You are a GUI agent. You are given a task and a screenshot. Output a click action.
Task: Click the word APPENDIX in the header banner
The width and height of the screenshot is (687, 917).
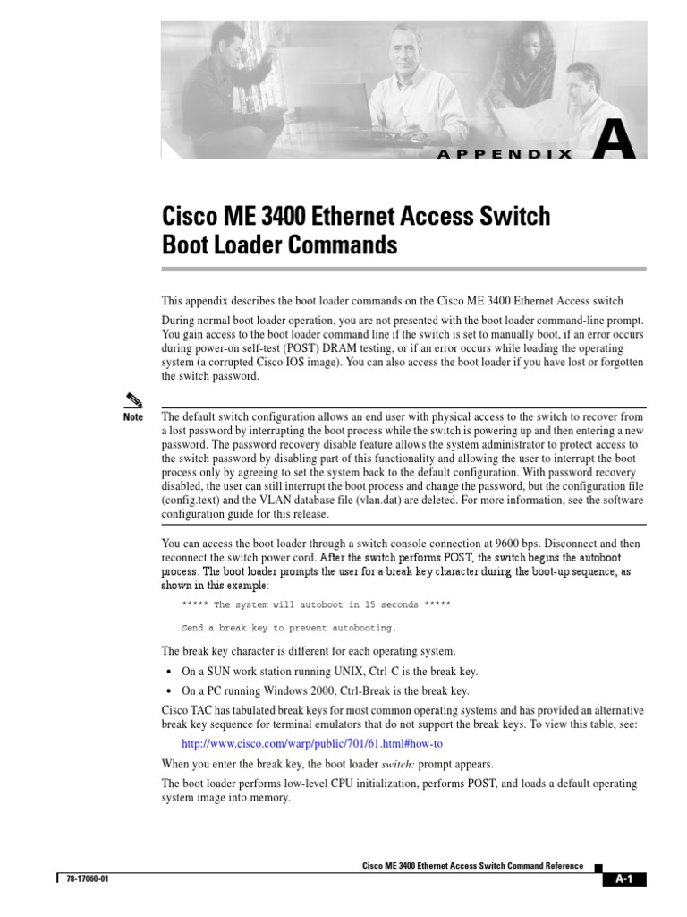[x=505, y=154]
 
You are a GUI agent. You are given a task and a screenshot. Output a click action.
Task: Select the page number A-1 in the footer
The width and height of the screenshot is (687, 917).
[x=623, y=879]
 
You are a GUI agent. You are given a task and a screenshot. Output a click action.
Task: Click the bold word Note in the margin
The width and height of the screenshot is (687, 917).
[x=132, y=417]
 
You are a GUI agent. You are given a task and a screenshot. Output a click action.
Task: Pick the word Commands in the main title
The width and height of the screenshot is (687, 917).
[x=344, y=244]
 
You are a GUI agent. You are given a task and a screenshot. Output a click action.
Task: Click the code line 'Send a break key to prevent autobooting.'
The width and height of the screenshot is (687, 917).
[x=288, y=628]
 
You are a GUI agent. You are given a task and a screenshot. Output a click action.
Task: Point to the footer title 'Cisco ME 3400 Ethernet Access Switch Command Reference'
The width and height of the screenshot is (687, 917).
[x=472, y=866]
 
